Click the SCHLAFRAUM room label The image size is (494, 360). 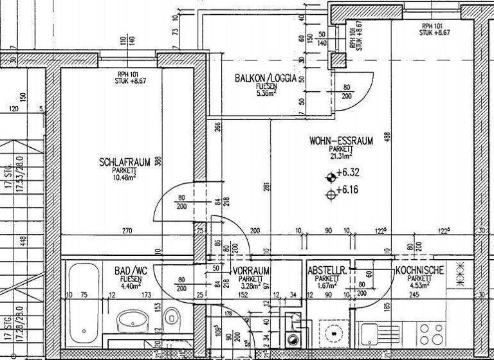pyautogui.click(x=125, y=163)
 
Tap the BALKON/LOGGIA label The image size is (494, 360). pyautogui.click(x=266, y=78)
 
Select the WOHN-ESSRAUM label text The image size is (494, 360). pyautogui.click(x=341, y=140)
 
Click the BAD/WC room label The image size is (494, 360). pyautogui.click(x=132, y=271)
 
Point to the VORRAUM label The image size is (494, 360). pyautogui.click(x=252, y=271)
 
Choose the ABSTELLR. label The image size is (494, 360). pyautogui.click(x=327, y=271)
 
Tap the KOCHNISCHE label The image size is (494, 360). pyautogui.click(x=419, y=271)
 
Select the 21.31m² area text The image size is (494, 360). pyautogui.click(x=341, y=156)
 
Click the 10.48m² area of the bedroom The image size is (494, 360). pyautogui.click(x=125, y=178)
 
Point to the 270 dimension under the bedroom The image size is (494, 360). pyautogui.click(x=127, y=231)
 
